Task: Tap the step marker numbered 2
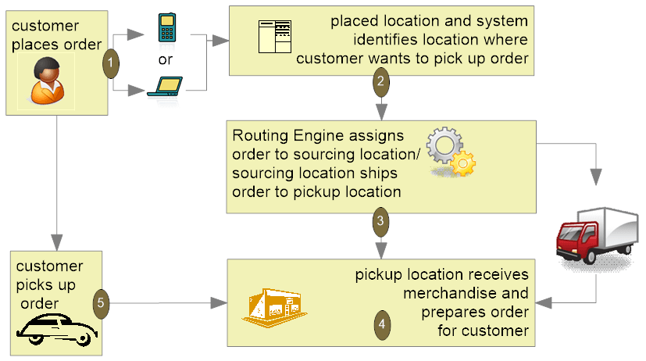[x=380, y=79]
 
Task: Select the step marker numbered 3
[x=380, y=221]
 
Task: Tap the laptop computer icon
[x=166, y=87]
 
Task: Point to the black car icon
[x=54, y=327]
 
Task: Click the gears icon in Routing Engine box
[x=453, y=152]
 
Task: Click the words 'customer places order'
[x=51, y=34]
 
